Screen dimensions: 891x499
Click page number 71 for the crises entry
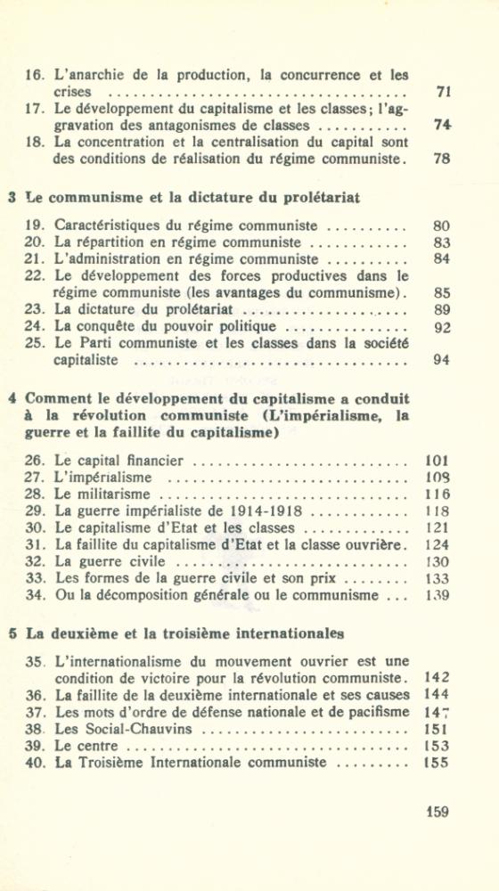pyautogui.click(x=442, y=92)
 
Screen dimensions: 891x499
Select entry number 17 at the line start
pyautogui.click(x=36, y=109)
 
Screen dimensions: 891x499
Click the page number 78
pyautogui.click(x=442, y=159)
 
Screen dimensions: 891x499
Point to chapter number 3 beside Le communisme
pyautogui.click(x=12, y=198)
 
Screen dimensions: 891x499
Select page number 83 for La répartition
pyautogui.click(x=442, y=242)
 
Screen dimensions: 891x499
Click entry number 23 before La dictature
pyautogui.click(x=36, y=310)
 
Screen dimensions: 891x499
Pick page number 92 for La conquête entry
pyautogui.click(x=442, y=327)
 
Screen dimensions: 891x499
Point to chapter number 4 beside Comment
pyautogui.click(x=12, y=398)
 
